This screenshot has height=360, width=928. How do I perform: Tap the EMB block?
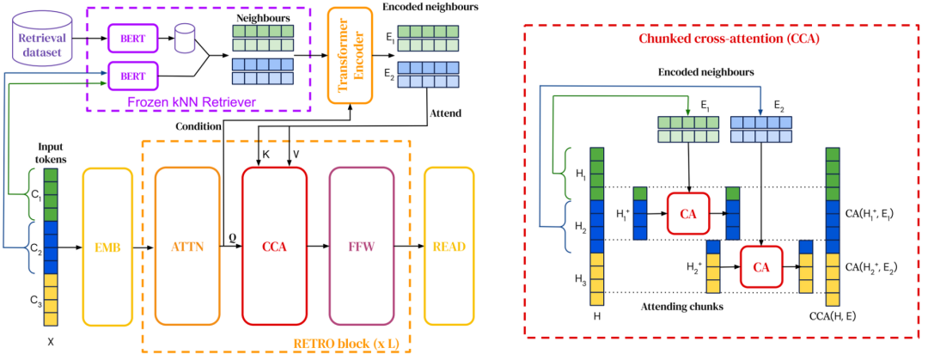[x=107, y=247]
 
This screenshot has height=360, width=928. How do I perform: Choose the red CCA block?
[x=274, y=247]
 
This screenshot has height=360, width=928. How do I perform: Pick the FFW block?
[x=362, y=247]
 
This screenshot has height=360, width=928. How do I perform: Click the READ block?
[x=449, y=247]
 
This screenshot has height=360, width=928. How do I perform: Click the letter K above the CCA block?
[x=266, y=155]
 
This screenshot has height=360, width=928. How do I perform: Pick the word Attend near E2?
[x=441, y=112]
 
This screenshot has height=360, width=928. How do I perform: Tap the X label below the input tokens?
[x=51, y=340]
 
